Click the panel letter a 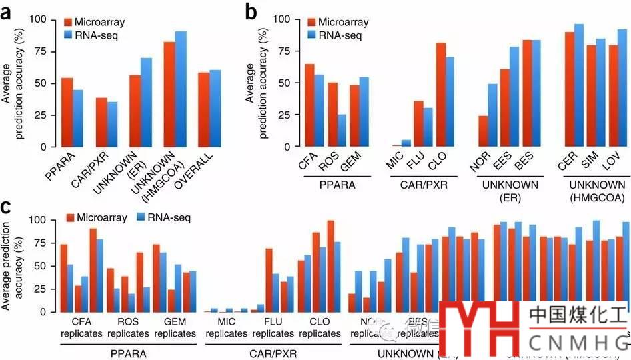tap(9, 11)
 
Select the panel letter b tap(251, 11)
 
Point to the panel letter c tap(9, 207)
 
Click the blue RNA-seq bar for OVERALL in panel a tap(215, 108)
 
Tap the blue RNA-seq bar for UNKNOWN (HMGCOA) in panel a tap(181, 89)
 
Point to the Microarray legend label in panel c tap(103, 217)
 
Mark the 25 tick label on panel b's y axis tap(281, 115)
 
